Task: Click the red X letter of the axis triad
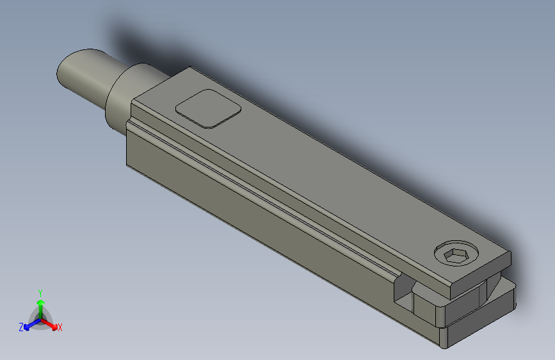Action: pos(60,327)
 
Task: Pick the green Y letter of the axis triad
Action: pos(40,292)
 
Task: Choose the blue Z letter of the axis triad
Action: pos(21,327)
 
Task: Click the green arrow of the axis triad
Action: pos(40,304)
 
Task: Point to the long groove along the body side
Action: pos(269,192)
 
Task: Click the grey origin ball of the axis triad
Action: pos(41,318)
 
